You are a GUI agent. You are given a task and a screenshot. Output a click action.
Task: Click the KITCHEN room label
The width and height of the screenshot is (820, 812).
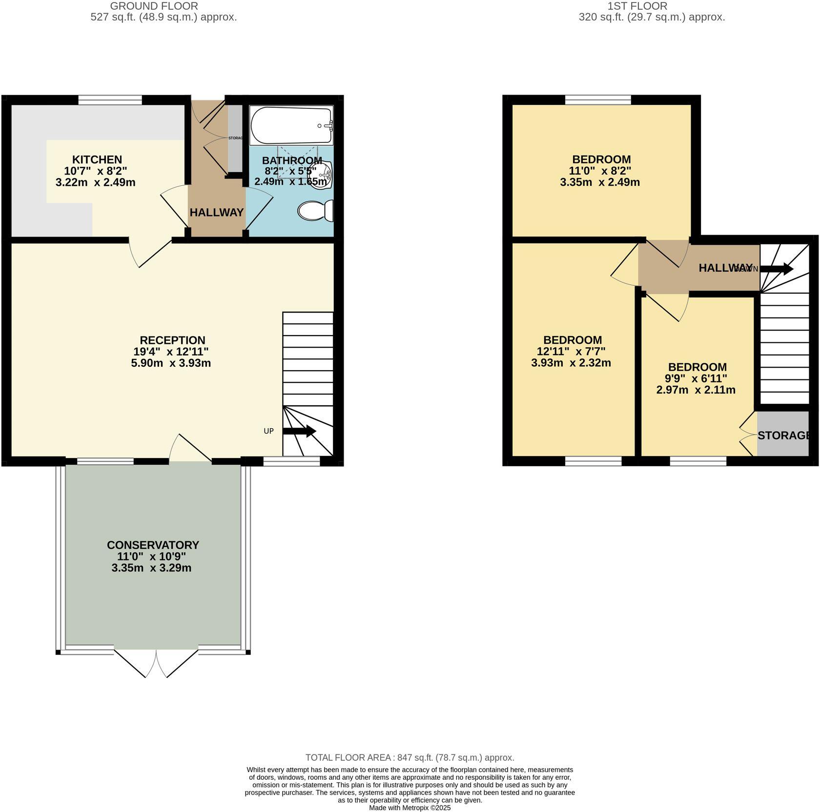(x=97, y=159)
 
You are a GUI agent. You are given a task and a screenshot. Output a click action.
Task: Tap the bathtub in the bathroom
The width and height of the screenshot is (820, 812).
(x=291, y=125)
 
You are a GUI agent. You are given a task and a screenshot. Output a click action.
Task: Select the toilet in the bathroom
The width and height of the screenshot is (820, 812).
(x=315, y=211)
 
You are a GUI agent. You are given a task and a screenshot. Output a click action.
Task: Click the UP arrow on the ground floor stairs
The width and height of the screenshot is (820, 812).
(x=299, y=431)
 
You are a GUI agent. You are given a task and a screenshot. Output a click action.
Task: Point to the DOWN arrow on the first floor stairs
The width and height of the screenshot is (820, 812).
(x=776, y=269)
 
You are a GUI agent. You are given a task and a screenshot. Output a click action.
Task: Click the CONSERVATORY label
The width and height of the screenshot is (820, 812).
(x=153, y=545)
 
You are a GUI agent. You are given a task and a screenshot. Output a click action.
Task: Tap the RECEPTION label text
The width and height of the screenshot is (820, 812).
(x=172, y=340)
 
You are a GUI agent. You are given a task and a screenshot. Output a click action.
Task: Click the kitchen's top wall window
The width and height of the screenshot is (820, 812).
(x=110, y=99)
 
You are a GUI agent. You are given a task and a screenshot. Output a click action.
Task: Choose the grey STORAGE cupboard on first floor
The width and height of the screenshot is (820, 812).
(x=783, y=435)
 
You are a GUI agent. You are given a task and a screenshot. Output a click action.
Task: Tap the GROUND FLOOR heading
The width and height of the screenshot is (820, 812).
(x=154, y=6)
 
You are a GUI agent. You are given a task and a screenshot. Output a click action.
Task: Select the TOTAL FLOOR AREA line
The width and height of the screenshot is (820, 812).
(x=410, y=757)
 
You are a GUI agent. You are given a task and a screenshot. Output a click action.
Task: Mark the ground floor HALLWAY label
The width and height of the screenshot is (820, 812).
(x=216, y=213)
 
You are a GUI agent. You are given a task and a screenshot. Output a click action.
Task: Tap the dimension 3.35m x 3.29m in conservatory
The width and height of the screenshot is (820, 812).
(x=151, y=568)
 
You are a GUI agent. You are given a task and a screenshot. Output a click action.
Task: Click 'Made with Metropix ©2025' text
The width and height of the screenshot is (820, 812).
(x=410, y=808)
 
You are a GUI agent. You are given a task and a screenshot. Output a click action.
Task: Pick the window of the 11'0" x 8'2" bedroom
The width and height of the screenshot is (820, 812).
(x=598, y=99)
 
